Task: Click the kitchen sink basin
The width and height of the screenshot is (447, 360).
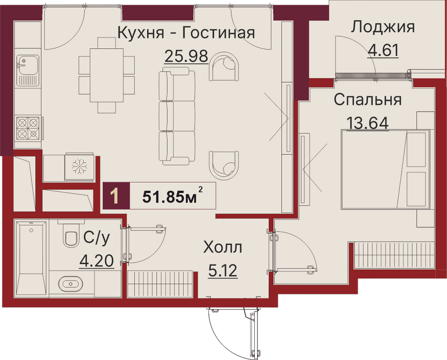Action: [x=27, y=64]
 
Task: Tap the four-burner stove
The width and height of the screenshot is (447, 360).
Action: [x=27, y=128]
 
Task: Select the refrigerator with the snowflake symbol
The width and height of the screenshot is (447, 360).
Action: [x=79, y=167]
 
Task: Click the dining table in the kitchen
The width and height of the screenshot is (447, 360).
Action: [x=107, y=75]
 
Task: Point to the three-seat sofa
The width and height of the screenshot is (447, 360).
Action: [x=177, y=116]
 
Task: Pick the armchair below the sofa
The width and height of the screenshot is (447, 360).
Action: [x=224, y=165]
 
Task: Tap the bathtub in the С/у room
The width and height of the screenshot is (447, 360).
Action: [x=31, y=258]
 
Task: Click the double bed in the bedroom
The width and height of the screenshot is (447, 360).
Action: [x=386, y=169]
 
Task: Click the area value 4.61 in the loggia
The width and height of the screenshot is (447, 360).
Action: [x=383, y=50]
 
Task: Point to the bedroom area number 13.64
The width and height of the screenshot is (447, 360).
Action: [x=368, y=124]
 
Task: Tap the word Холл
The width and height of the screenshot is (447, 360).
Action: [x=222, y=247]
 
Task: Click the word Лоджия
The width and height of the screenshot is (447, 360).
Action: [x=383, y=27]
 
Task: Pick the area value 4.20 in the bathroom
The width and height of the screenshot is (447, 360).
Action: [x=97, y=260]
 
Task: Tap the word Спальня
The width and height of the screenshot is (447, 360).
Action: [x=368, y=100]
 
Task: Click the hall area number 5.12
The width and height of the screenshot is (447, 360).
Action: [x=222, y=271]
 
